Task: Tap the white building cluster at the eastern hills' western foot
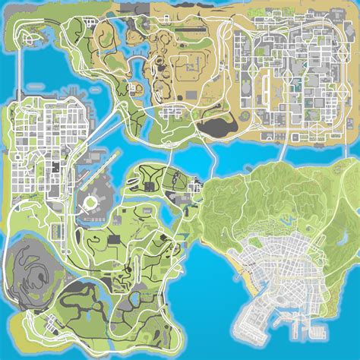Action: point(196,185)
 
